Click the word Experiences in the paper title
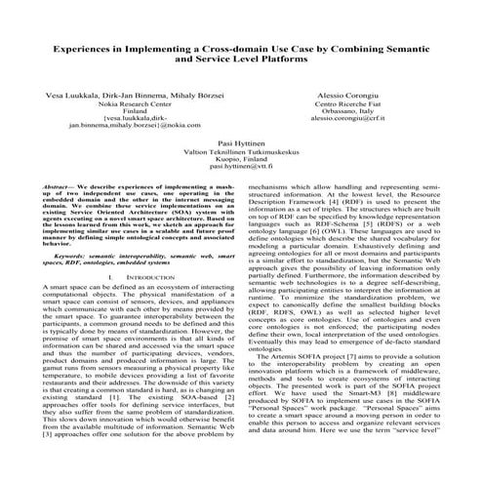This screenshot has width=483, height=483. [x=91, y=47]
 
